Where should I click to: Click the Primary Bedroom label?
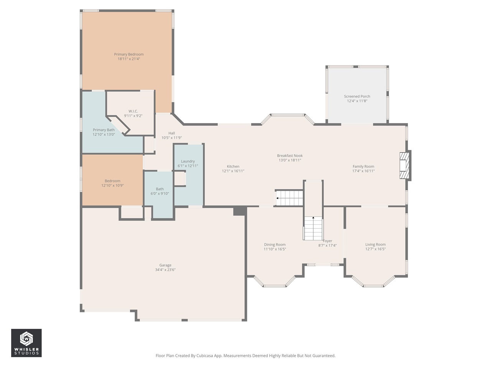129,54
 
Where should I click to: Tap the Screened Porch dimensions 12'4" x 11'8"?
357,101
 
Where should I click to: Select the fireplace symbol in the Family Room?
404,166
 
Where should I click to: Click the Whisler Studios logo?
26,343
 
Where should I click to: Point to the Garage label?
165,265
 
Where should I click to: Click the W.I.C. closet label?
133,111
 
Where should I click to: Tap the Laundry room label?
188,161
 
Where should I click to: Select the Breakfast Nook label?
290,156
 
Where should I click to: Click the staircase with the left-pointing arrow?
290,198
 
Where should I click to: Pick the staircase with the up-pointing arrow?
313,228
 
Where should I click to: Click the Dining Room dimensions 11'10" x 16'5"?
275,249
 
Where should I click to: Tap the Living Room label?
375,245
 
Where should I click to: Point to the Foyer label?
328,241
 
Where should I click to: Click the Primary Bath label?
104,130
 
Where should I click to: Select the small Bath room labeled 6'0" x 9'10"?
160,191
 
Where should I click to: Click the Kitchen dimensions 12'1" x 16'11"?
233,171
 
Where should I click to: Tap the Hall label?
171,133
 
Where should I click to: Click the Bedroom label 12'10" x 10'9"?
112,181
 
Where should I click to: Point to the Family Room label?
363,166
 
